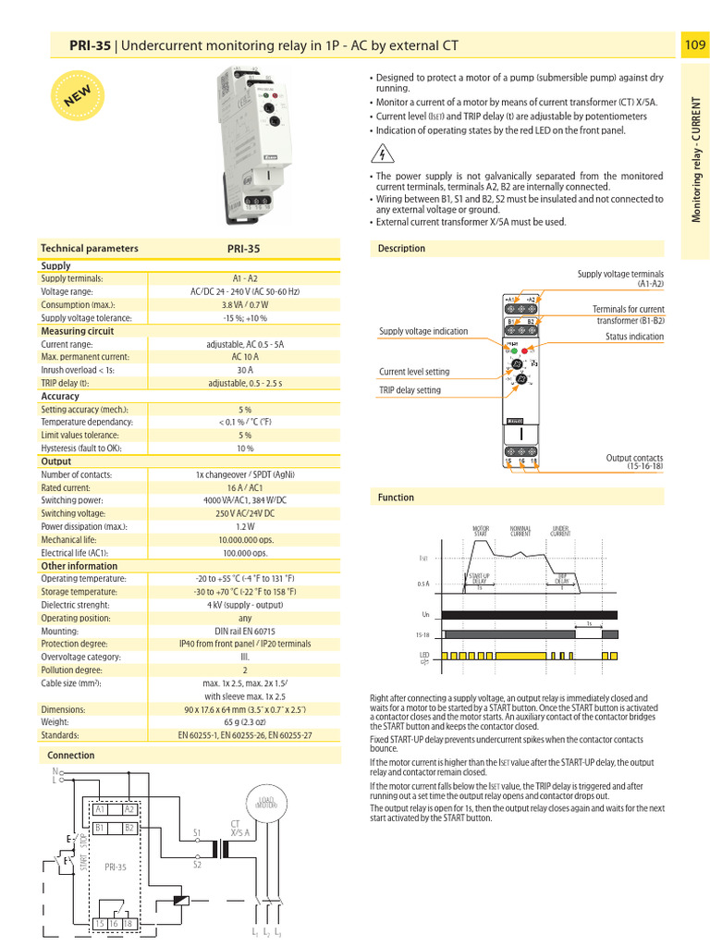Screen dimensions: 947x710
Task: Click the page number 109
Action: click(x=694, y=44)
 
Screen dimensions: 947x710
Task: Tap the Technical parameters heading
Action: click(x=90, y=248)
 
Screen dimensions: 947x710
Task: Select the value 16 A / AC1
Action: click(x=244, y=487)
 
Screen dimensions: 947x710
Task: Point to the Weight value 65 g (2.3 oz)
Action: click(x=244, y=721)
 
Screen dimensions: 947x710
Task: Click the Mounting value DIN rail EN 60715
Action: click(x=244, y=631)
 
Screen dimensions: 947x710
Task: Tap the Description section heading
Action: click(x=402, y=248)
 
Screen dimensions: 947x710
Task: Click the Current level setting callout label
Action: click(x=414, y=372)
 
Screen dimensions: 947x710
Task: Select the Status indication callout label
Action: click(x=634, y=337)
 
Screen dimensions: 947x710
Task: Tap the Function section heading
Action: click(x=397, y=498)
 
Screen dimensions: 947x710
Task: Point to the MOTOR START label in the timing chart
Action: click(x=481, y=532)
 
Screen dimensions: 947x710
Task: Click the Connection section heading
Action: click(x=71, y=756)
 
